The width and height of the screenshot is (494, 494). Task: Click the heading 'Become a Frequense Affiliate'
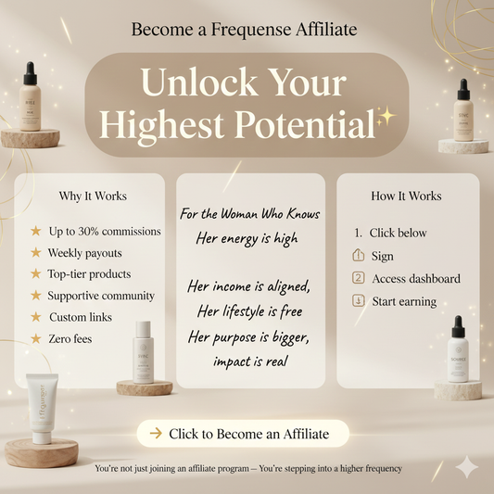[244, 30]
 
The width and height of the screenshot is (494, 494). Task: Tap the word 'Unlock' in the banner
[196, 86]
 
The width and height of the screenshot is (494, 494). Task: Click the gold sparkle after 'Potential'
[384, 119]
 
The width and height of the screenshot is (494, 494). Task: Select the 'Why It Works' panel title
[93, 196]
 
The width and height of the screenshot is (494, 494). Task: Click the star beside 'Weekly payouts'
[36, 252]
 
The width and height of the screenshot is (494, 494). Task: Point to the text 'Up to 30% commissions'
[104, 231]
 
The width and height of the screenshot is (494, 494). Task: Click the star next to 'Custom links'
[36, 317]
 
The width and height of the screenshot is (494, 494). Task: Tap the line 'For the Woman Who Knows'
[250, 214]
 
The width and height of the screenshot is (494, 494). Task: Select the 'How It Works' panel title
[406, 196]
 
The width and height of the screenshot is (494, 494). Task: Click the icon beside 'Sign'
[360, 256]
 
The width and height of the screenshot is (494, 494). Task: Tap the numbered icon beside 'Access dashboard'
[360, 278]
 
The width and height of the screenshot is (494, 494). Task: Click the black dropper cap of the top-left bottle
[31, 73]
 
